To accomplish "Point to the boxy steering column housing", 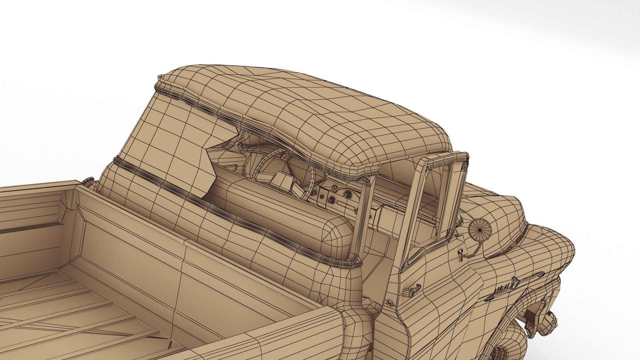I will [x=283, y=180].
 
